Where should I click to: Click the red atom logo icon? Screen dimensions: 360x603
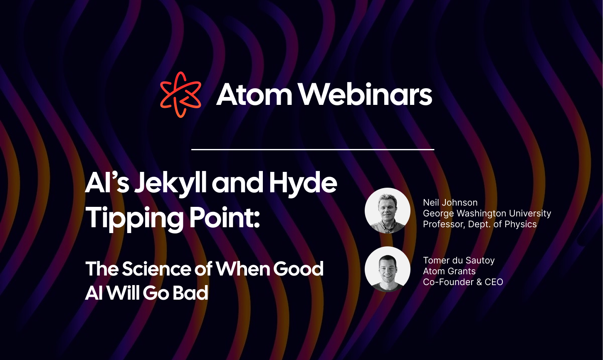[180, 94]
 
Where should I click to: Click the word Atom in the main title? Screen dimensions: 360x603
[255, 94]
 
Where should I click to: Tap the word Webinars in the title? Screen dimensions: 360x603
[366, 94]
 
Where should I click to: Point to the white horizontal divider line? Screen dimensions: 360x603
[312, 149]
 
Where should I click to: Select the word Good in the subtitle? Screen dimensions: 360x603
[298, 269]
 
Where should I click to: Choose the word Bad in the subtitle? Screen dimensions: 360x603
[190, 293]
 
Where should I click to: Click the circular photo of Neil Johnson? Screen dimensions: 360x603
[387, 211]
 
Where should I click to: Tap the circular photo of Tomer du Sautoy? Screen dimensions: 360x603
[387, 269]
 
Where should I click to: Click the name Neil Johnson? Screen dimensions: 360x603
[450, 203]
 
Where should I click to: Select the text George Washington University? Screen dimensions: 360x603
[487, 214]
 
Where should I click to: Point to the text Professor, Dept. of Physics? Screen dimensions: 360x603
[479, 224]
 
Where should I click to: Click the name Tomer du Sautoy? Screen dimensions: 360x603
[459, 261]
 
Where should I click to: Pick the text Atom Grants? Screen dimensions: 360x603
[449, 271]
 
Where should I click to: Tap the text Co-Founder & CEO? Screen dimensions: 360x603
[463, 282]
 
